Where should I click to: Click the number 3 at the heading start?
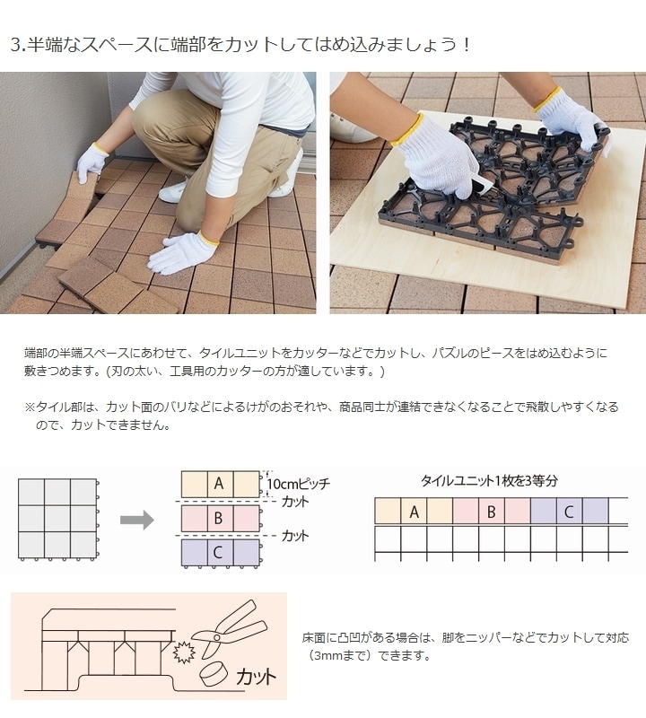point(15,44)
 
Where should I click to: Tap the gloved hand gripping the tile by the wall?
point(91,162)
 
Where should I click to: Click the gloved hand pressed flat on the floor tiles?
point(183,252)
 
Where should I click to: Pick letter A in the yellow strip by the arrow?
point(218,483)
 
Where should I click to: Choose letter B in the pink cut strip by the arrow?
point(218,518)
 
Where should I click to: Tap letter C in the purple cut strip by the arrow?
point(218,553)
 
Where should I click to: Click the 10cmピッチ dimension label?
point(299,484)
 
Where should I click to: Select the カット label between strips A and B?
point(294,501)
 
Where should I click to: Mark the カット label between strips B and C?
point(294,536)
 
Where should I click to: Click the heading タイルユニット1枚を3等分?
point(489,480)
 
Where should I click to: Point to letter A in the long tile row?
point(414,512)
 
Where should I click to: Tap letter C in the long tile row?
point(569,512)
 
